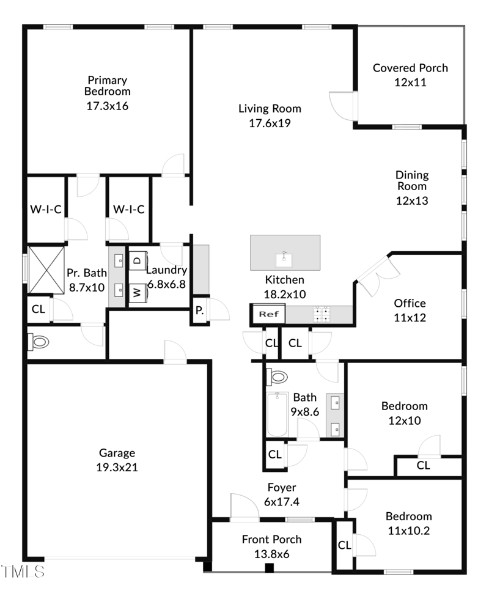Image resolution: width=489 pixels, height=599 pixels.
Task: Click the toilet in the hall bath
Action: [x=278, y=377]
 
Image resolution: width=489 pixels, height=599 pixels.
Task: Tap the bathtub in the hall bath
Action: [x=278, y=414]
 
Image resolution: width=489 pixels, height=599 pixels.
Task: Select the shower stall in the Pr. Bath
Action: [x=46, y=270]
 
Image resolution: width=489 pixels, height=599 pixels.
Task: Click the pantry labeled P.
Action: [x=199, y=310]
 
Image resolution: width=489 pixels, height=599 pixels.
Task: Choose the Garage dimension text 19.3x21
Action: [x=117, y=468]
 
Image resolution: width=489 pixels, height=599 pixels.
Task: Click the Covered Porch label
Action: [x=410, y=68]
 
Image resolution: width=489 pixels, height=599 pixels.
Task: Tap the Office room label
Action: [x=410, y=303]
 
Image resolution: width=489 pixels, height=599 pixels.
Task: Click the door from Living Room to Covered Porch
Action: [x=341, y=105]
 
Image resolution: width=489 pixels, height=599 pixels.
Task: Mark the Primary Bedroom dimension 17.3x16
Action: [x=107, y=106]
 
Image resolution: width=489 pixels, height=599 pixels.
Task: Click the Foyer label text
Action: [x=281, y=488]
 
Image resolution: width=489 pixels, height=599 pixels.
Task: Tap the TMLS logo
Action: [x=23, y=571]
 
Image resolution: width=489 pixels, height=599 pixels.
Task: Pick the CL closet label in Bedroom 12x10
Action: [x=423, y=465]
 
